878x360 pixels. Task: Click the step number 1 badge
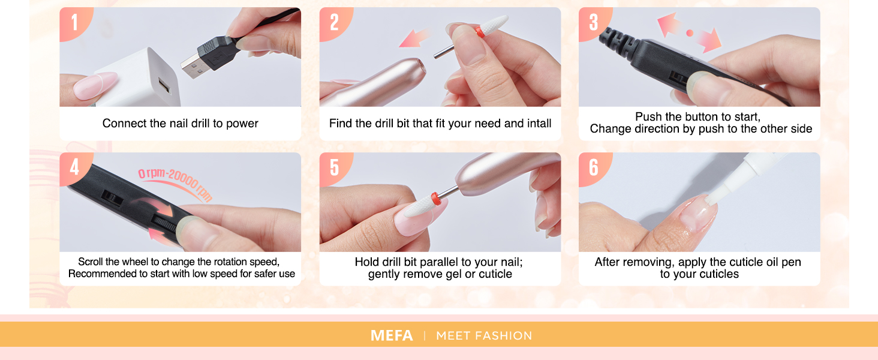tap(74, 22)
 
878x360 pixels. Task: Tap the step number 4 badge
tap(74, 167)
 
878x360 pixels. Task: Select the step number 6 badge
tap(593, 167)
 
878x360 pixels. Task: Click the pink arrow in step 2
tap(415, 38)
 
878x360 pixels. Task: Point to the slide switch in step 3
tap(678, 78)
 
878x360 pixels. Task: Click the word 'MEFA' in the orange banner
tap(392, 335)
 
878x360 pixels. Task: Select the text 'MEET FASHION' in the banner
tap(484, 335)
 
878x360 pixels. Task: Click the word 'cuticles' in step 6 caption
tap(716, 274)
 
